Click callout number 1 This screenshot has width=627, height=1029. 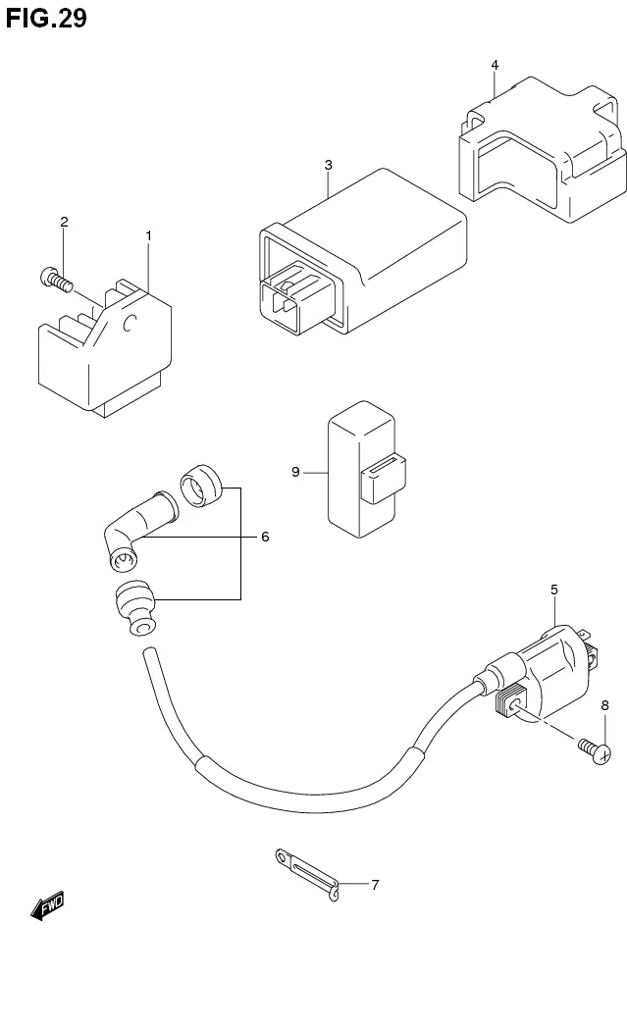click(149, 235)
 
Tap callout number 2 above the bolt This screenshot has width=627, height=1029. click(64, 222)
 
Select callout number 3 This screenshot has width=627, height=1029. click(329, 165)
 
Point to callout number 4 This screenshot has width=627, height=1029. click(495, 65)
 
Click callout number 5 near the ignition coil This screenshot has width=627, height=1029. click(554, 590)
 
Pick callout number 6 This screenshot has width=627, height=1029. click(264, 537)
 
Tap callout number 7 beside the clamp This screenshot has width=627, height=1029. click(374, 884)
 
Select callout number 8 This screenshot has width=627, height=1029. click(604, 705)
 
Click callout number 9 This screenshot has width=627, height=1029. click(295, 472)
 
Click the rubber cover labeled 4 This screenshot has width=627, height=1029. click(540, 157)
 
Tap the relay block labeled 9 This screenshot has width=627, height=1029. click(358, 469)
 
